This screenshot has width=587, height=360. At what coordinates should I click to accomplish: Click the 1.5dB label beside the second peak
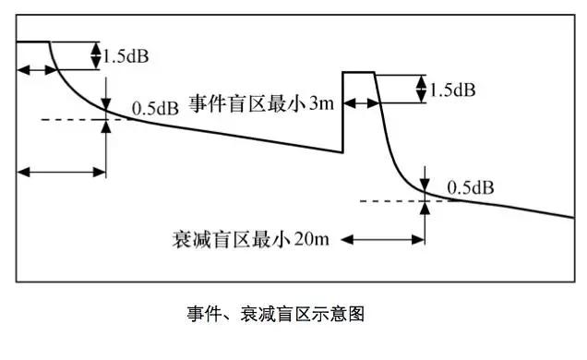pos(452,90)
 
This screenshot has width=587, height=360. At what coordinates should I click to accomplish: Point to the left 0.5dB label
pos(154,108)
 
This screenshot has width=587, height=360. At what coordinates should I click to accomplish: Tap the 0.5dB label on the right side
pos(470,187)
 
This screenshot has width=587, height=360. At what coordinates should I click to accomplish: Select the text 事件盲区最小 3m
pos(261,103)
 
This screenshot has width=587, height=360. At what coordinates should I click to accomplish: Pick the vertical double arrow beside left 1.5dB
pos(96,55)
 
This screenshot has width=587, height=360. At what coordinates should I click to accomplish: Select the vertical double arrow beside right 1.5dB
pos(422,90)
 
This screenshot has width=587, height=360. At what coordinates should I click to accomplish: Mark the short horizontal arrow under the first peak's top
pos(34,70)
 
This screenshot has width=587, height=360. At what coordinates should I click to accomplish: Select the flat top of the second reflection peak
pos(358,72)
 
